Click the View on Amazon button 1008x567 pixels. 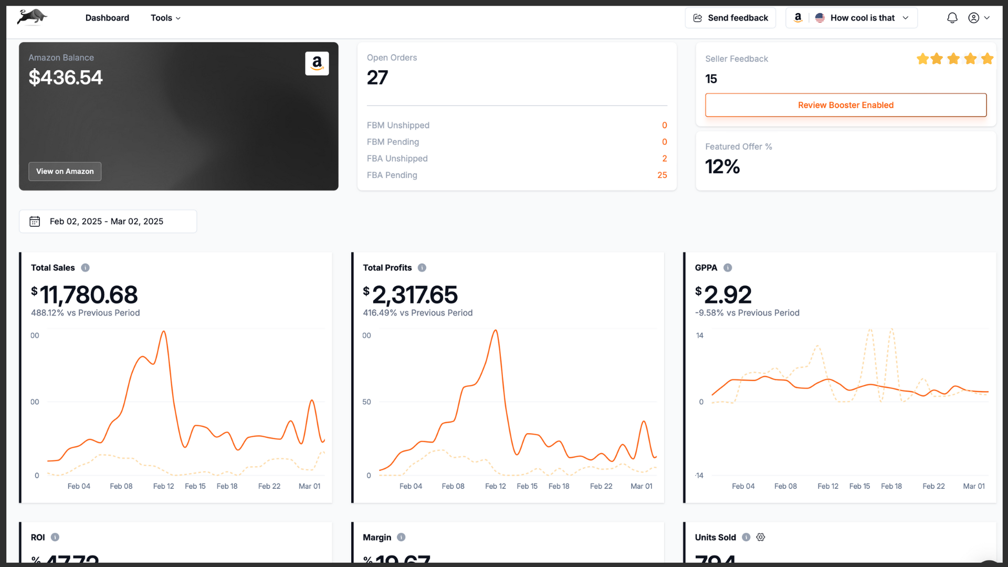65,172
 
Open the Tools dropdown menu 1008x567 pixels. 165,18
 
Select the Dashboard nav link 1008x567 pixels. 107,18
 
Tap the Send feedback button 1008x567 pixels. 730,18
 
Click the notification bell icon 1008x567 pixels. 952,18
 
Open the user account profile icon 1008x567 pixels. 974,18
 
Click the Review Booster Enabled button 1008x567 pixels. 845,105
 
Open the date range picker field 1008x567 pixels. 108,222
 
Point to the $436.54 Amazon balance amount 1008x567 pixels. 66,78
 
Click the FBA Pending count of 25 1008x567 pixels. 662,175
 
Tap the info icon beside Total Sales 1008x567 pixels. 86,268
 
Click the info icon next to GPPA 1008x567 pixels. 728,268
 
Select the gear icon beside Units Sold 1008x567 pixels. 761,537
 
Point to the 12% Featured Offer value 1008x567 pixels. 722,167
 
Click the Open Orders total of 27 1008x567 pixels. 377,78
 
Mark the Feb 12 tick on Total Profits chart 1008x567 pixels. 495,486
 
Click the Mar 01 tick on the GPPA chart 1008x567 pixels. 974,486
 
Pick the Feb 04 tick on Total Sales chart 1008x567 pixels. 79,486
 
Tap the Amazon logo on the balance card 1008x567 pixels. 317,64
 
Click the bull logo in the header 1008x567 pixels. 31,17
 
